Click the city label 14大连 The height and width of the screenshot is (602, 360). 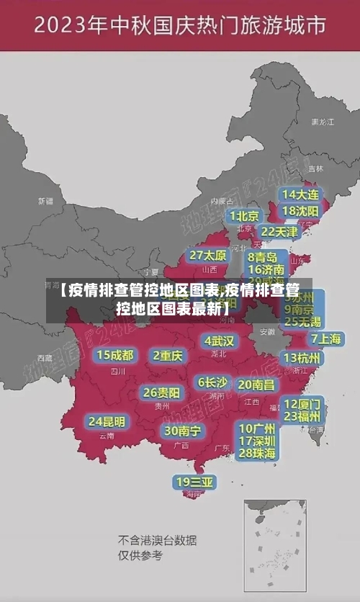pyautogui.click(x=300, y=194)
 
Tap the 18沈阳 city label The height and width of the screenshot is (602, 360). pyautogui.click(x=300, y=211)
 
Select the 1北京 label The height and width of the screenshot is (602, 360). pyautogui.click(x=245, y=216)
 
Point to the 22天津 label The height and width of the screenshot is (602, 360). pyautogui.click(x=279, y=232)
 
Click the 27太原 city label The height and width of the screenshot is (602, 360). pyautogui.click(x=208, y=255)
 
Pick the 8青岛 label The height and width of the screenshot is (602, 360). pyautogui.click(x=263, y=257)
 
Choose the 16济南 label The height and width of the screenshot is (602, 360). pyautogui.click(x=266, y=270)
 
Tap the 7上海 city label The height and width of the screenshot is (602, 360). pyautogui.click(x=325, y=338)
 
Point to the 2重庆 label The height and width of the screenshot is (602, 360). pyautogui.click(x=168, y=355)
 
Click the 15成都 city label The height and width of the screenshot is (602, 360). pyautogui.click(x=114, y=355)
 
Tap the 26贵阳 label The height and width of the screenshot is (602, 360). pyautogui.click(x=161, y=392)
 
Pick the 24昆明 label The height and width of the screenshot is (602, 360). pyautogui.click(x=107, y=421)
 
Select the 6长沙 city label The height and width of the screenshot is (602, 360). pyautogui.click(x=212, y=382)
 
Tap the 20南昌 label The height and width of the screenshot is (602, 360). pyautogui.click(x=256, y=385)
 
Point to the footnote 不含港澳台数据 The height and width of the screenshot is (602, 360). pyautogui.click(x=158, y=540)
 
